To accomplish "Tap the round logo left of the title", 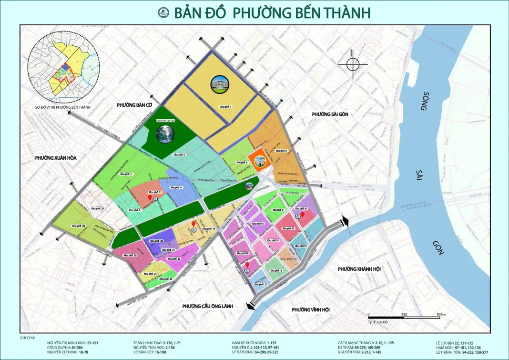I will click(x=164, y=12).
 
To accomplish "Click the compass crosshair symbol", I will click(x=353, y=64).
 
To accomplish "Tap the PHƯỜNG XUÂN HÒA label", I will click(x=56, y=158).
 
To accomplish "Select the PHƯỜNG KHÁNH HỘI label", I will click(x=359, y=269).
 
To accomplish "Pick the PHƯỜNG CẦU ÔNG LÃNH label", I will click(x=207, y=306).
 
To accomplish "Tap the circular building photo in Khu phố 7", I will click(x=221, y=85).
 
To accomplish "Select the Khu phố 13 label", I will click(x=288, y=258).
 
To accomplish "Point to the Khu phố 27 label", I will click(x=96, y=209).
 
